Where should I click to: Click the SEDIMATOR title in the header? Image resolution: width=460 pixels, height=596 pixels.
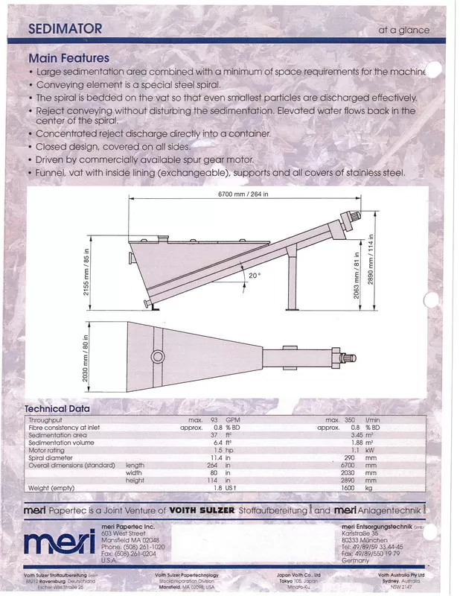(x=65, y=29)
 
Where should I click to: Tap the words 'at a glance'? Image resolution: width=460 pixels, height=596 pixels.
(x=404, y=31)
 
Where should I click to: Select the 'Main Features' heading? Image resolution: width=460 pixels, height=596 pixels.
(x=68, y=58)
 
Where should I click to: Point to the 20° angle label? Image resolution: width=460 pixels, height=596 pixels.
(x=255, y=275)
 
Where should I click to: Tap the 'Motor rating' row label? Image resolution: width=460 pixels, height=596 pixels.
(x=48, y=451)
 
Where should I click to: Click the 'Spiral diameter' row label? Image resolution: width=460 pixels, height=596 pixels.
(x=52, y=458)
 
